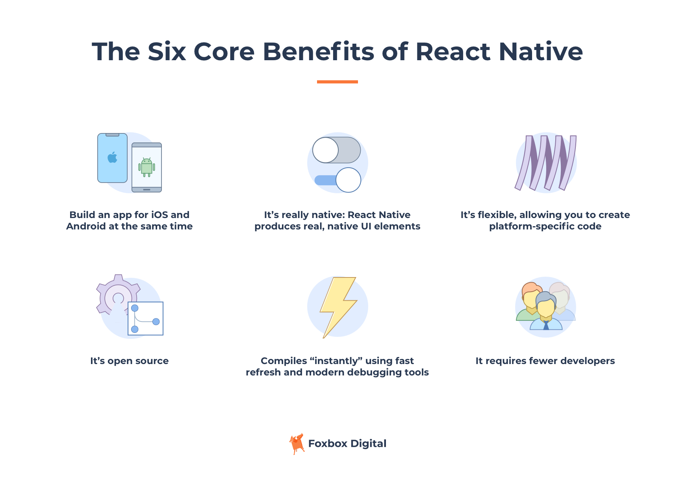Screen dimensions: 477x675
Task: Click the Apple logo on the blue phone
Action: (113, 157)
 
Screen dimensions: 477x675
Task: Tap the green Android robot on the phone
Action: (146, 167)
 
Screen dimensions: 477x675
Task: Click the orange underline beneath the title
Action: (337, 82)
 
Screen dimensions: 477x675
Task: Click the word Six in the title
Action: (167, 52)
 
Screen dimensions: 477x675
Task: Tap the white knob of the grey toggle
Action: (325, 150)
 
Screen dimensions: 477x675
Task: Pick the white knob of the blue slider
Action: (348, 180)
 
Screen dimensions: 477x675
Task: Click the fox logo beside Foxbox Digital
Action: (297, 444)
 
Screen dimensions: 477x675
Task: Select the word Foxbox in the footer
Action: (328, 444)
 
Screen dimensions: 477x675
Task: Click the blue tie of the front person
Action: (546, 325)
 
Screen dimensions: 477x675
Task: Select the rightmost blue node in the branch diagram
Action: (156, 322)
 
